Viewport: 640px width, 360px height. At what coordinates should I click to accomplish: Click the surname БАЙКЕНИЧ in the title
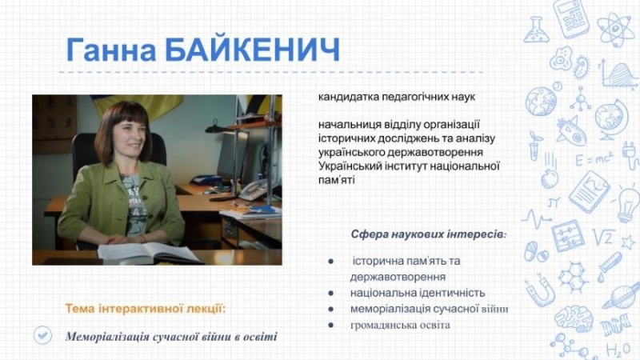coord(252,50)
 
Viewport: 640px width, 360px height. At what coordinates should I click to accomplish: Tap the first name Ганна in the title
coord(111,50)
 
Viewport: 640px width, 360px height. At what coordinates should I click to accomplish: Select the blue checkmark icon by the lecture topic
coord(43,335)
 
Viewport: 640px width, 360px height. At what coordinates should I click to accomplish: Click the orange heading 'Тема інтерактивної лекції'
coord(146,308)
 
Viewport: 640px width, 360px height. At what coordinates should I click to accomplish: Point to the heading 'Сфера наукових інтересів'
coord(429,234)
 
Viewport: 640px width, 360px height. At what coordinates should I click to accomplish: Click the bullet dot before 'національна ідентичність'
coord(330,293)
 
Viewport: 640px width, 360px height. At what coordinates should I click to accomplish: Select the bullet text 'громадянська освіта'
coord(400,326)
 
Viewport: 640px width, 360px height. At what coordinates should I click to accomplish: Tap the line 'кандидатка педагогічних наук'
coord(396,97)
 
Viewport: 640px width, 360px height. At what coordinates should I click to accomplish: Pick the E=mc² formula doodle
coord(594,158)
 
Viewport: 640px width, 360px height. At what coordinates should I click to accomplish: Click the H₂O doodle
coord(618,350)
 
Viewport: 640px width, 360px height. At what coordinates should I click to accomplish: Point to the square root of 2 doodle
coord(604,237)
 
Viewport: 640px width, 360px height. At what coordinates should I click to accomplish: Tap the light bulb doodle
coord(627,204)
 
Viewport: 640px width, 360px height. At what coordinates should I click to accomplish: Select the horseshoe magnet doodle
coord(539,290)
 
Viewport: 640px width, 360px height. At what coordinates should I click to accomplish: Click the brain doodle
coord(573,318)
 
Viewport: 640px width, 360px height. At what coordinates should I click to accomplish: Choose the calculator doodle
coord(571,18)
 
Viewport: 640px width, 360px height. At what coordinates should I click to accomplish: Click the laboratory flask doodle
coord(535,30)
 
